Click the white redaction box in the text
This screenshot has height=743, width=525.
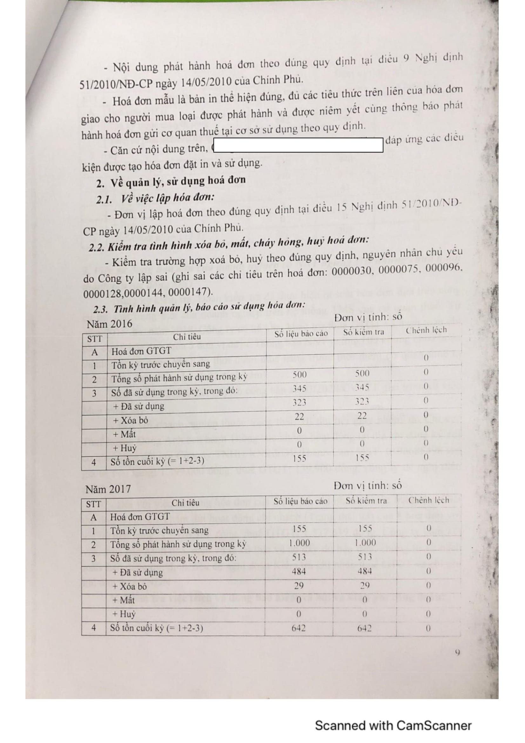(298, 145)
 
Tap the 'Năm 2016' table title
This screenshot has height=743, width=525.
(109, 324)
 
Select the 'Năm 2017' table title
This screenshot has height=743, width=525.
(108, 489)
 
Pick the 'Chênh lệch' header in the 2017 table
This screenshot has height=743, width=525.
(428, 500)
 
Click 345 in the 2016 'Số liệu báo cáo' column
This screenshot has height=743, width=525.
(299, 388)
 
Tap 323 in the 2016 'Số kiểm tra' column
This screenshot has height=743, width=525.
(362, 402)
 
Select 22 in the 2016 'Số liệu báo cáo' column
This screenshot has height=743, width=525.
(299, 416)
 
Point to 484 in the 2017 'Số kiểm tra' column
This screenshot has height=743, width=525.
(365, 571)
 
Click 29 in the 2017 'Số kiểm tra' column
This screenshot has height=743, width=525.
(365, 585)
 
